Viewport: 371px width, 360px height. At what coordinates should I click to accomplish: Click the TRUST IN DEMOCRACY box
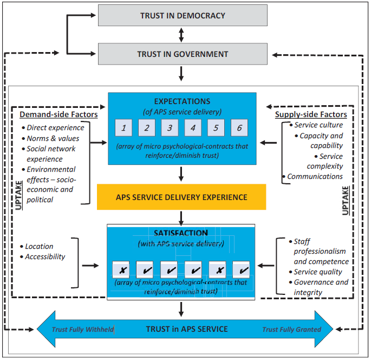click(182, 16)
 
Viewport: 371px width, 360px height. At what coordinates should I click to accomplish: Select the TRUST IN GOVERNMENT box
click(182, 54)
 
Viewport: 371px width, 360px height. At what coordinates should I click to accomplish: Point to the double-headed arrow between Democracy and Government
click(182, 35)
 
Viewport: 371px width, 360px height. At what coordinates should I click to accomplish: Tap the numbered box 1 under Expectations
click(123, 128)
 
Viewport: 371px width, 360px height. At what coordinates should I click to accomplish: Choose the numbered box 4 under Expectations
click(193, 128)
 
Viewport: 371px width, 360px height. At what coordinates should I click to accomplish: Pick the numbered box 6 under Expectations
click(239, 128)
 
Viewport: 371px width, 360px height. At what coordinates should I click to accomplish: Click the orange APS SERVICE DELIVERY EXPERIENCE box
click(181, 197)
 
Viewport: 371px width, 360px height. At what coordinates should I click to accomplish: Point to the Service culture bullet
click(318, 125)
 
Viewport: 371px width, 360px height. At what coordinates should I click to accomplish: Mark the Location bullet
click(39, 246)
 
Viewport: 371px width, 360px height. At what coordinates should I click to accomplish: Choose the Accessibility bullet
click(45, 256)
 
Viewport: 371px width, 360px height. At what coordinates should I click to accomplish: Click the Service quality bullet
click(317, 272)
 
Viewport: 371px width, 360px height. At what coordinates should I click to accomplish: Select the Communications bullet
click(315, 176)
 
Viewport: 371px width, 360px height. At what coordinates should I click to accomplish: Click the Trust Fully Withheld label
click(82, 329)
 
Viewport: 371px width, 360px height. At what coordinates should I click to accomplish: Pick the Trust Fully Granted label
click(291, 329)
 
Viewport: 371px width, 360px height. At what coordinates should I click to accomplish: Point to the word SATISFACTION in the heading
click(181, 233)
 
